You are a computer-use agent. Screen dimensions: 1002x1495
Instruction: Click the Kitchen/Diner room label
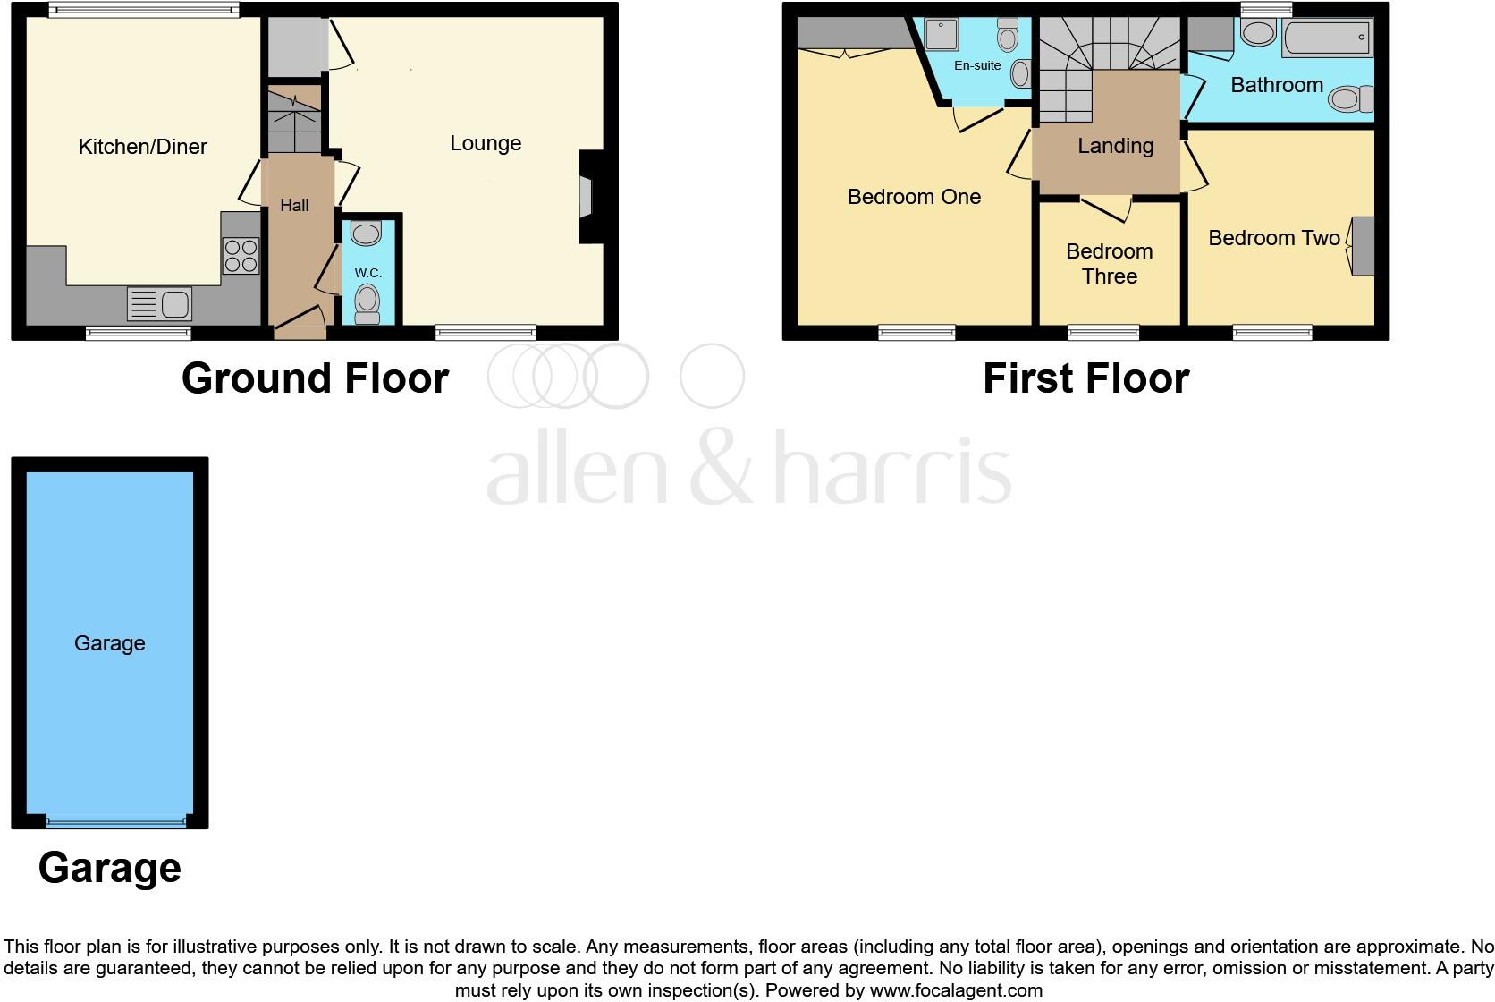tap(143, 147)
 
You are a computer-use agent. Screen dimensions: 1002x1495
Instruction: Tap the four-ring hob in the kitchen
tap(241, 255)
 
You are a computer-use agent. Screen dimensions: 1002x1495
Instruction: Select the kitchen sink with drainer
tap(160, 304)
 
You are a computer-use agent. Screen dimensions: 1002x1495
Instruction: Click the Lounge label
tap(486, 143)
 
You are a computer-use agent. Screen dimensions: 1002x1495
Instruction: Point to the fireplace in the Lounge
tap(587, 197)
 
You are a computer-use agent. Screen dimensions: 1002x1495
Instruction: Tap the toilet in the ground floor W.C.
tap(367, 303)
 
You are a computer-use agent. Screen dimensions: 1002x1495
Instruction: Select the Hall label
tap(294, 205)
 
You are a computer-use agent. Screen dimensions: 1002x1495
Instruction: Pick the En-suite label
tap(977, 65)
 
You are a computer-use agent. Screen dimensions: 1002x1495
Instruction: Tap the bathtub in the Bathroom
tap(1327, 38)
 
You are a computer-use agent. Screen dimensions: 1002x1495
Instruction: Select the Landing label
tap(1115, 146)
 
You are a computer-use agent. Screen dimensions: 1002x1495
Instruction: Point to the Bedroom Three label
tap(1109, 264)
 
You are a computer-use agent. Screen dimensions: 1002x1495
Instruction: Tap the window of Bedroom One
tap(916, 334)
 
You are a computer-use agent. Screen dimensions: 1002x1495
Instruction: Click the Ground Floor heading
tap(315, 378)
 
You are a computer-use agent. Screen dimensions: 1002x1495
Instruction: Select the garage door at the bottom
tap(117, 821)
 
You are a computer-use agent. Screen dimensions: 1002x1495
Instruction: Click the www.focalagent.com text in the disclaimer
tap(956, 990)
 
